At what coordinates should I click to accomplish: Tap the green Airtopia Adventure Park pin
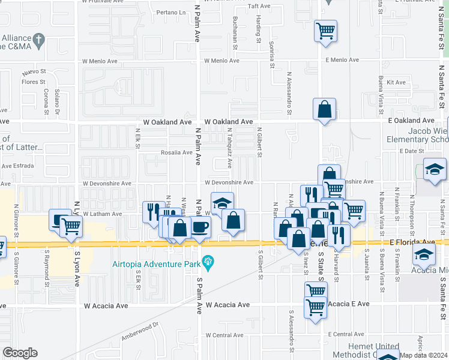coord(208,262)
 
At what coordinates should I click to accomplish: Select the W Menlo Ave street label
coord(221,61)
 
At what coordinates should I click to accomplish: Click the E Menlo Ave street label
coord(342,60)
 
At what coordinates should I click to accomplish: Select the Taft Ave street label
coord(259,6)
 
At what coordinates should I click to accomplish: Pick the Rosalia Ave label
coord(176,152)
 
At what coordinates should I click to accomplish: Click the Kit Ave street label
coord(396,83)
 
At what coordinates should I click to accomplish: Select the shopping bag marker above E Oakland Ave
coord(324,109)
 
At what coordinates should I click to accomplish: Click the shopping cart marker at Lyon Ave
coord(70,226)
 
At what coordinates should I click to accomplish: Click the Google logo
coord(20,353)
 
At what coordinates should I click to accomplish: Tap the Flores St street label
coord(34,82)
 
